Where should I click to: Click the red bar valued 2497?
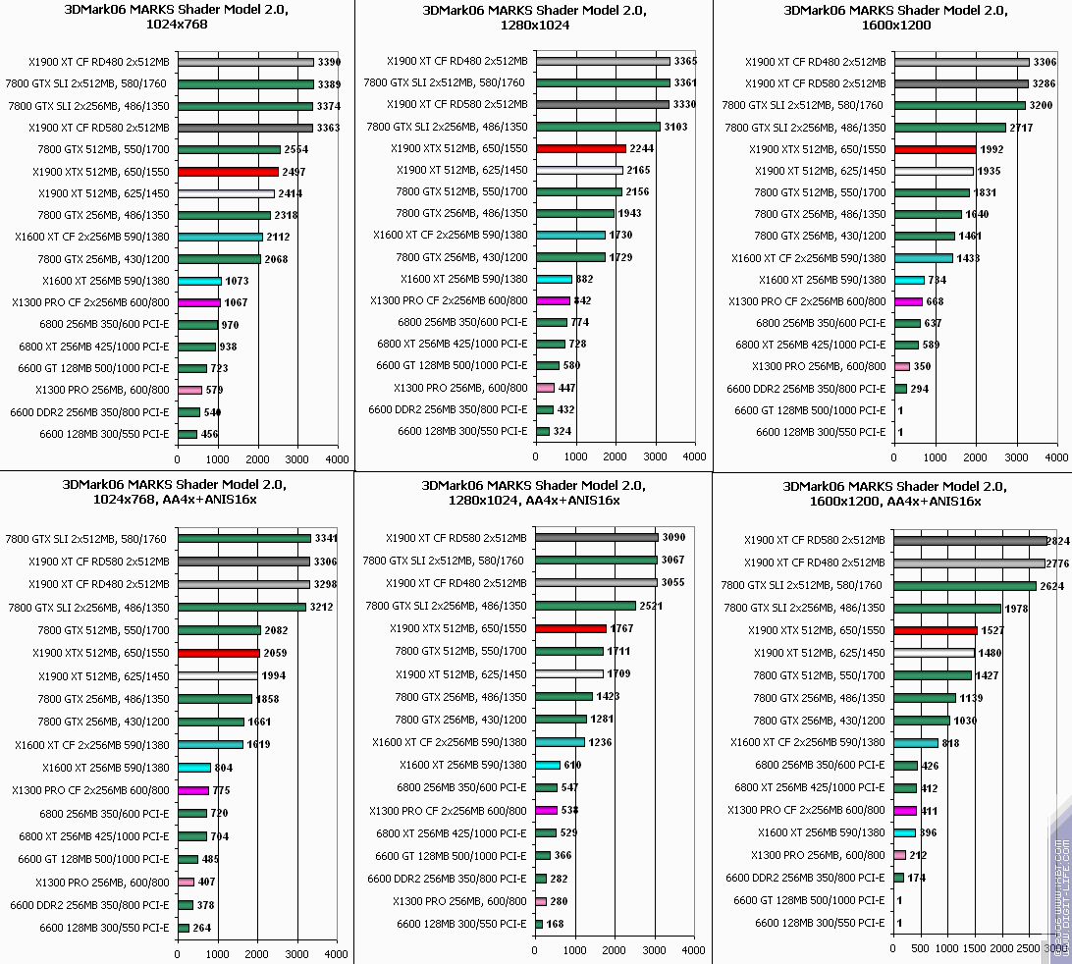coord(228,172)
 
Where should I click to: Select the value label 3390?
coord(331,62)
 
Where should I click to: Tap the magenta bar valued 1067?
coord(199,302)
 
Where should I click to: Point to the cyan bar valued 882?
coord(554,279)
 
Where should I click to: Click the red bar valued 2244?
coord(581,148)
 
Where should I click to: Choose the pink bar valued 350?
coord(901,366)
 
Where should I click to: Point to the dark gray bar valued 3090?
coord(597,537)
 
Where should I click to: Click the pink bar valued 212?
coord(900,855)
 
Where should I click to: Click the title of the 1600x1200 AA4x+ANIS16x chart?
coord(894,494)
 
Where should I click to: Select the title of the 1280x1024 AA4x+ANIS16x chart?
coord(534,492)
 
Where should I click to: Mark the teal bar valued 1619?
coord(210,744)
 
